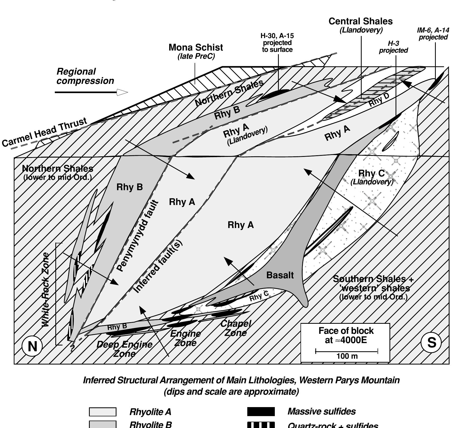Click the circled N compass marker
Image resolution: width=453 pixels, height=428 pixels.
click(32, 346)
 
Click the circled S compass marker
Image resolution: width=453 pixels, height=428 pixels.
click(431, 343)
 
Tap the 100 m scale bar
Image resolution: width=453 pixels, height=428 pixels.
click(347, 352)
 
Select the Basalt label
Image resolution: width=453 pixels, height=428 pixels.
click(280, 275)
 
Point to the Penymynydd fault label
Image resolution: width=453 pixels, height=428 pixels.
click(138, 236)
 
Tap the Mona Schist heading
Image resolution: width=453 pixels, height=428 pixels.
click(196, 48)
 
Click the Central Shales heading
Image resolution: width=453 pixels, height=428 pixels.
click(360, 21)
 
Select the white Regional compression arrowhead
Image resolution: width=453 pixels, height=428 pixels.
click(122, 92)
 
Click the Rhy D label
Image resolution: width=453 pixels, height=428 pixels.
click(379, 100)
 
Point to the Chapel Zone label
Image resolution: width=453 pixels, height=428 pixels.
click(235, 328)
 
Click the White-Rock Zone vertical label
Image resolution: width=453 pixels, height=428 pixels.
click(46, 289)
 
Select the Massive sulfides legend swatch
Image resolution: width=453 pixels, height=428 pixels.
click(261, 412)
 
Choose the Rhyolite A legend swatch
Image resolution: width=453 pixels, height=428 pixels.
click(102, 412)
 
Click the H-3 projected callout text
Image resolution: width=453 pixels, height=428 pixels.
click(393, 47)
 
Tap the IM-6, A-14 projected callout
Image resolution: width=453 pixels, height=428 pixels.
click(433, 34)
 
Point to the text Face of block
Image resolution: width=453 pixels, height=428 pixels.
click(346, 331)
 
